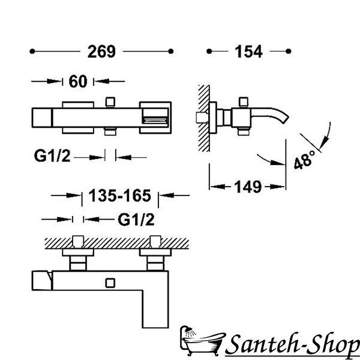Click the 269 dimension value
point(101,52)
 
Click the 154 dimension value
point(248,52)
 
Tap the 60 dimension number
point(78,81)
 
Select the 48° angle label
point(304,160)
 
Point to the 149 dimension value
point(248,187)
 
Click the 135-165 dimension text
point(120,196)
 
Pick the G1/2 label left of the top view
point(52,156)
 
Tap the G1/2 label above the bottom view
point(136,220)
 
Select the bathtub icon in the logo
point(202,340)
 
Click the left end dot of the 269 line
point(32,52)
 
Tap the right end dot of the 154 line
point(289,51)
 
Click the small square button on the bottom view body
point(110,283)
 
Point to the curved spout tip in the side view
point(286,119)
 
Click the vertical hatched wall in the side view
point(204,118)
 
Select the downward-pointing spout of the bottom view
point(155,309)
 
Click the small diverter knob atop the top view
point(110,102)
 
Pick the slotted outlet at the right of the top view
point(155,118)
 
